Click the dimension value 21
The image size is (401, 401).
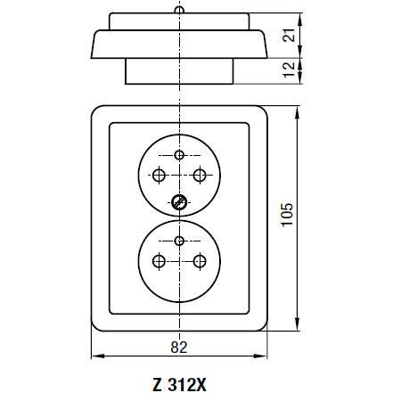[x=289, y=35]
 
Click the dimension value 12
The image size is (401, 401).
[x=289, y=70]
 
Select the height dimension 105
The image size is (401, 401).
[x=287, y=215]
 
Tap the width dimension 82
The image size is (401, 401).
[x=179, y=347]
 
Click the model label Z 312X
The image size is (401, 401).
[x=179, y=385]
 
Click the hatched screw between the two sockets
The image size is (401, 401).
[x=179, y=202]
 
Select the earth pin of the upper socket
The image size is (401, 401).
[x=179, y=155]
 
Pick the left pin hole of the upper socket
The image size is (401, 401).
[x=159, y=176]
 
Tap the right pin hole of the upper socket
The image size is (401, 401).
[x=200, y=176]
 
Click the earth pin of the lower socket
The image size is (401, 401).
[x=179, y=241]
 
